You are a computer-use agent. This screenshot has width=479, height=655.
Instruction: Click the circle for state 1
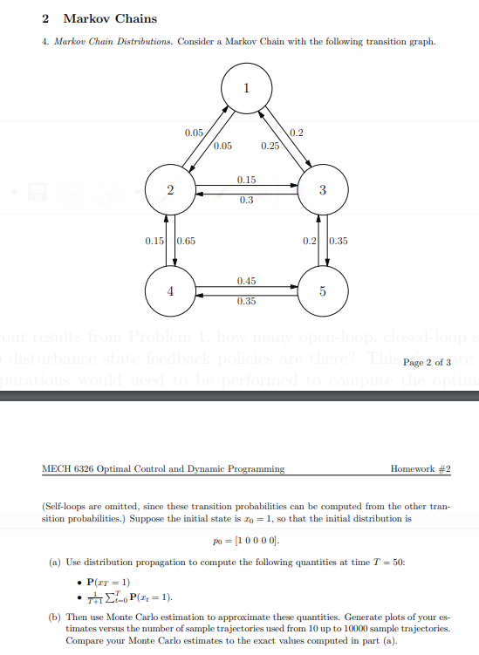pos(246,87)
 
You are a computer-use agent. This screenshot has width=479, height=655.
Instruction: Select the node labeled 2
pos(170,190)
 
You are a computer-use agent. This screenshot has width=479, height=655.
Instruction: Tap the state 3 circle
pos(323,190)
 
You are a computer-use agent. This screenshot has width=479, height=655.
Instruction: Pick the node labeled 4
pos(170,292)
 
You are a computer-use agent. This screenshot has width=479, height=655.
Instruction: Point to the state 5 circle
pos(323,292)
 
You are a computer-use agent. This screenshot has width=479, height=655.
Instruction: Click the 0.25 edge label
pos(270,146)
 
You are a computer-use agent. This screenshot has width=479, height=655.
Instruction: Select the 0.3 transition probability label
pos(246,200)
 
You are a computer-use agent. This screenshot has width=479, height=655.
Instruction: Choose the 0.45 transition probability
pos(246,281)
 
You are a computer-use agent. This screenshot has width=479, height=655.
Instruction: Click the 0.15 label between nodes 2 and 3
pos(246,180)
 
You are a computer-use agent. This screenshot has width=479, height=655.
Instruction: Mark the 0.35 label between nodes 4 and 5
pos(246,302)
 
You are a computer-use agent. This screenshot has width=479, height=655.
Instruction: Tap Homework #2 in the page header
pos(421,468)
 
